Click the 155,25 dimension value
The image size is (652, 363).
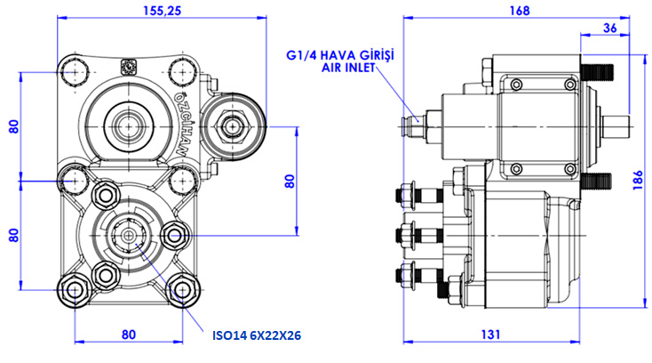(x=163, y=10)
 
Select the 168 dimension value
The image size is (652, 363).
(x=520, y=11)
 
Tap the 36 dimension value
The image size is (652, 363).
(x=609, y=28)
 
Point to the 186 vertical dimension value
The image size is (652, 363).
(x=639, y=181)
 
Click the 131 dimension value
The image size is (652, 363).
(x=490, y=335)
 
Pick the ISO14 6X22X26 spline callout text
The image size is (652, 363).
(x=257, y=335)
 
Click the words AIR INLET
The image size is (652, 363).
(x=348, y=68)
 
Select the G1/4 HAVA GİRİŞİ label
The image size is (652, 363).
(x=339, y=55)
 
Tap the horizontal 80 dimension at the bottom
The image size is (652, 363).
(x=129, y=335)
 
